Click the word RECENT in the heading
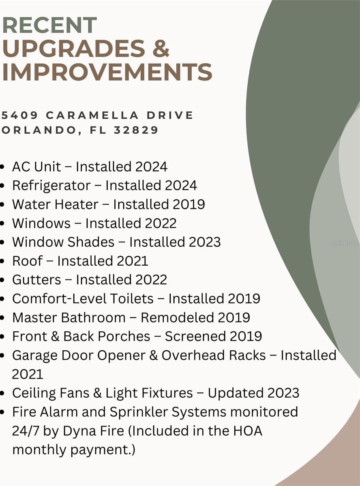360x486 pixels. click(x=49, y=25)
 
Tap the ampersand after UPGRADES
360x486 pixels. click(x=161, y=49)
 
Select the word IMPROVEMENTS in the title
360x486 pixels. click(x=107, y=72)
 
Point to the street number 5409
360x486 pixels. click(x=20, y=115)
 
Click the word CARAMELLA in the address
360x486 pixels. click(x=92, y=115)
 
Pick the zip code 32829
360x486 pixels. click(x=136, y=130)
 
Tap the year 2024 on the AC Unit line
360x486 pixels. click(x=151, y=167)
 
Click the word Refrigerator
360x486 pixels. click(x=51, y=186)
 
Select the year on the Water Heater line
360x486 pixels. click(x=189, y=205)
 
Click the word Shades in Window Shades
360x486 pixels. click(x=91, y=242)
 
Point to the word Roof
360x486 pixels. click(x=28, y=261)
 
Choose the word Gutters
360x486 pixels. click(x=36, y=280)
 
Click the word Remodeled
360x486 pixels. click(x=177, y=318)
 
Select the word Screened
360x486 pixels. click(x=195, y=336)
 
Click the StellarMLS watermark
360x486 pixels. click(x=345, y=243)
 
